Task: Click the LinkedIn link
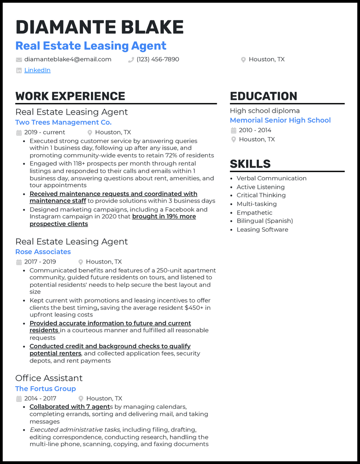[37, 70]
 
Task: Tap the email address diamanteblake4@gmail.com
[67, 59]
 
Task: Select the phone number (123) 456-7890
[158, 59]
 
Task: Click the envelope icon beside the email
[19, 60]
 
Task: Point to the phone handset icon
[131, 60]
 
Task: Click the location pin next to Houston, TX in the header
[243, 60]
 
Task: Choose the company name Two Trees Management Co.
[63, 122]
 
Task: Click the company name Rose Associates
[43, 252]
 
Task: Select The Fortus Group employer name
[45, 388]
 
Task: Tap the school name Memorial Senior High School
[280, 120]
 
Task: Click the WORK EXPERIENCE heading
[70, 96]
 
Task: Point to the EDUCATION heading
[264, 96]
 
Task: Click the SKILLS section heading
[250, 164]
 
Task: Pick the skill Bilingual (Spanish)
[265, 221]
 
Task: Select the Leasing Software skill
[262, 229]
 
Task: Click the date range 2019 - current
[45, 132]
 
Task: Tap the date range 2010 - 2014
[255, 130]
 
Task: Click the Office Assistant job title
[49, 378]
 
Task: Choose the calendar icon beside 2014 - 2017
[19, 399]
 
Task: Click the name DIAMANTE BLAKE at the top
[99, 27]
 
